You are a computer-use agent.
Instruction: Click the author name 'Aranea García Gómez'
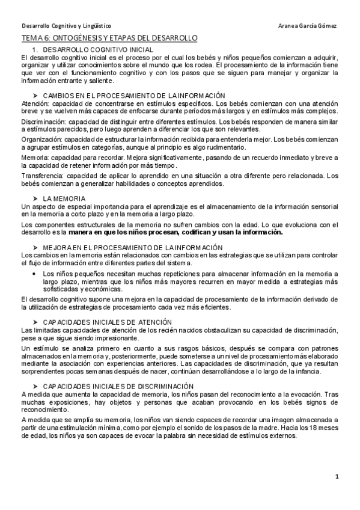coord(308,27)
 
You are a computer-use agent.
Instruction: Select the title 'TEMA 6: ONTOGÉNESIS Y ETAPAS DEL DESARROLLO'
coord(109,38)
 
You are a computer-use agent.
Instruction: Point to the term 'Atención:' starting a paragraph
coord(34,103)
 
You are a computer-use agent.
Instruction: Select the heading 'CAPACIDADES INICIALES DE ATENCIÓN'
coord(114,322)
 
